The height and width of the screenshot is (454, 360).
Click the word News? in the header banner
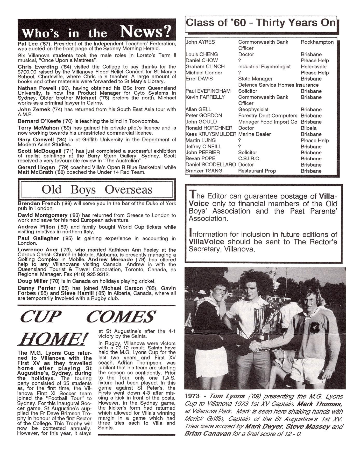[x=146, y=32]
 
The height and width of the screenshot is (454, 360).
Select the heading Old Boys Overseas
[x=97, y=190]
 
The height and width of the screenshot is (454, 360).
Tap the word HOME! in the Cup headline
[x=53, y=339]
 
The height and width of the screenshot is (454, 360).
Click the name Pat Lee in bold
[x=27, y=44]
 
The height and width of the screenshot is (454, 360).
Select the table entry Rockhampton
[x=317, y=42]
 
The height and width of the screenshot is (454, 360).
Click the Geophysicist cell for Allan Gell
[x=253, y=109]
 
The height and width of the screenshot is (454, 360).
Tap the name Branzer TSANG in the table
[x=204, y=171]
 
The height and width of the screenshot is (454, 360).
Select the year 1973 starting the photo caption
[x=192, y=396]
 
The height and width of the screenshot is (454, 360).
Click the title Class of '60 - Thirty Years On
[x=261, y=23]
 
